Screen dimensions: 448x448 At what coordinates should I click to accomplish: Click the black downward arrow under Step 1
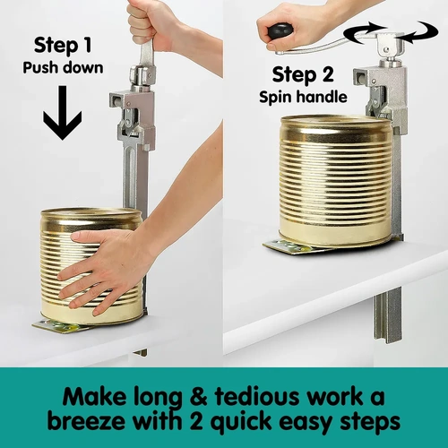point(62,115)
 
